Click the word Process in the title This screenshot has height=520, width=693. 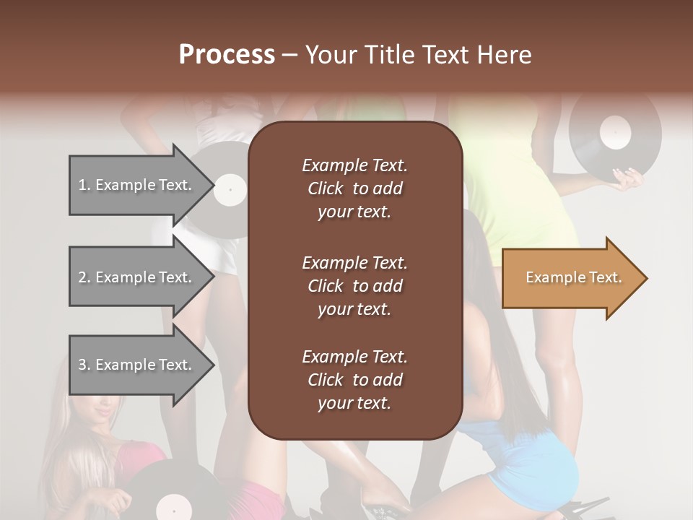tap(227, 55)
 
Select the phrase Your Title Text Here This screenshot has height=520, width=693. tap(418, 55)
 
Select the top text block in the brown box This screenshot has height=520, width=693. tap(354, 188)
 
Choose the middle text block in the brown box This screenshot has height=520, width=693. tap(354, 285)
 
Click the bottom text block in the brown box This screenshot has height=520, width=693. tap(354, 380)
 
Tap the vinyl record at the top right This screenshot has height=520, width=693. tap(614, 134)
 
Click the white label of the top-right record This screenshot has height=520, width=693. tap(615, 132)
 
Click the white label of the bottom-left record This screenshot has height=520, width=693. tap(174, 508)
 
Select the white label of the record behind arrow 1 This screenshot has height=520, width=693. tap(231, 190)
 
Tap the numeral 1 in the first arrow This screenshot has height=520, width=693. tap(82, 185)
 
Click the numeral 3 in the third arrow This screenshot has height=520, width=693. tap(82, 365)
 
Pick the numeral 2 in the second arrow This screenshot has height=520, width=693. tap(82, 277)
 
